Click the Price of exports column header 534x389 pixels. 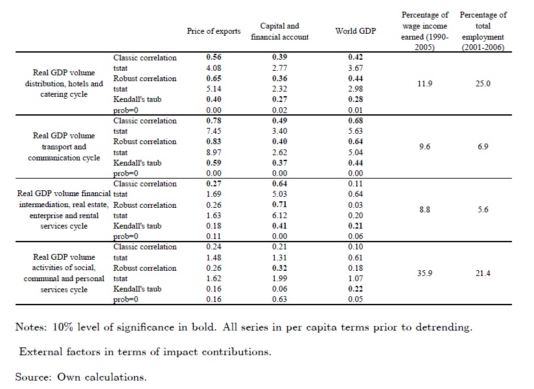pos(213,31)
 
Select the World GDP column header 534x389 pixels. pos(354,31)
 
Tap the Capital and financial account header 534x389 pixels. pos(279,31)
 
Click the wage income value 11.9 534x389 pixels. pos(424,84)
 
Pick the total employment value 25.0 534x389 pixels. pos(483,84)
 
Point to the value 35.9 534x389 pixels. pos(424,273)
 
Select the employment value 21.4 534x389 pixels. pos(483,273)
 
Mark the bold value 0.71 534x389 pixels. pos(279,205)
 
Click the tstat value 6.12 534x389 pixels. pos(279,215)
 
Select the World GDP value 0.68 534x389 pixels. pos(354,121)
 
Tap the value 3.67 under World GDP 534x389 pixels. pos(354,68)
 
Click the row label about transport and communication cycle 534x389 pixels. pos(64,147)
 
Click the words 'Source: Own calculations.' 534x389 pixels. pos(82,376)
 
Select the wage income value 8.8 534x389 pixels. pos(424,210)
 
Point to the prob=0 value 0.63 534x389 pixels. pos(279,299)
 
